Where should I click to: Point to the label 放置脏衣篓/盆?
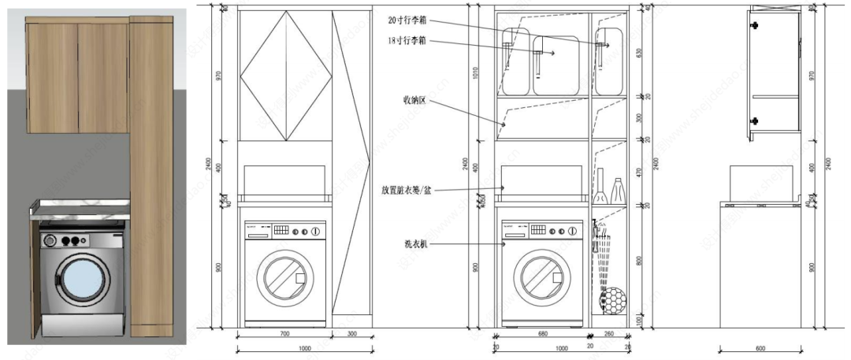click(407, 190)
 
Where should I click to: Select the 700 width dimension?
click(284, 335)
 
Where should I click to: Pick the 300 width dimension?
click(351, 335)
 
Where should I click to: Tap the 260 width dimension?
click(609, 335)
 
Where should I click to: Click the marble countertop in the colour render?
click(79, 206)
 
